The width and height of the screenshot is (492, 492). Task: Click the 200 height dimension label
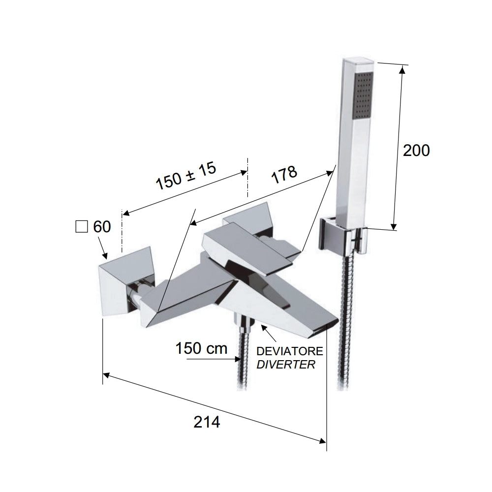point(416,151)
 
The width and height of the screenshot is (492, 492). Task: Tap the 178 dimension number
point(284,175)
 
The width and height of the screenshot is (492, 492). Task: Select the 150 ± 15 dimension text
point(186,176)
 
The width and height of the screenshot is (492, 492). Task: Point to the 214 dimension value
point(207,422)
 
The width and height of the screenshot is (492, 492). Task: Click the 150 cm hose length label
point(201,348)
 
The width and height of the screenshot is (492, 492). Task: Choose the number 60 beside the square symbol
point(102,227)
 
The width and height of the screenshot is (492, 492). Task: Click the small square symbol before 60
point(82,227)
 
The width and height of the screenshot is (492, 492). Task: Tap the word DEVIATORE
point(290,351)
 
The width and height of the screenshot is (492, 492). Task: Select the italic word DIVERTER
point(286,365)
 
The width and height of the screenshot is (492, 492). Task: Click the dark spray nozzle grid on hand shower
point(364,95)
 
